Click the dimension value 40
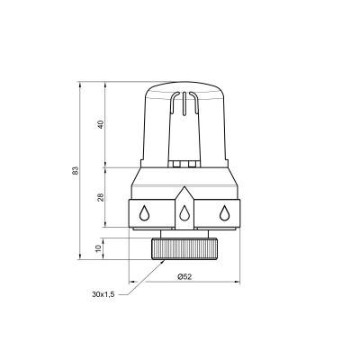coord(101,125)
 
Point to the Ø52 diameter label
coord(184,276)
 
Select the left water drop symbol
coord(145,213)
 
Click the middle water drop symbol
coord(184,214)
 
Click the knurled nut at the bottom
coord(184,247)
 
